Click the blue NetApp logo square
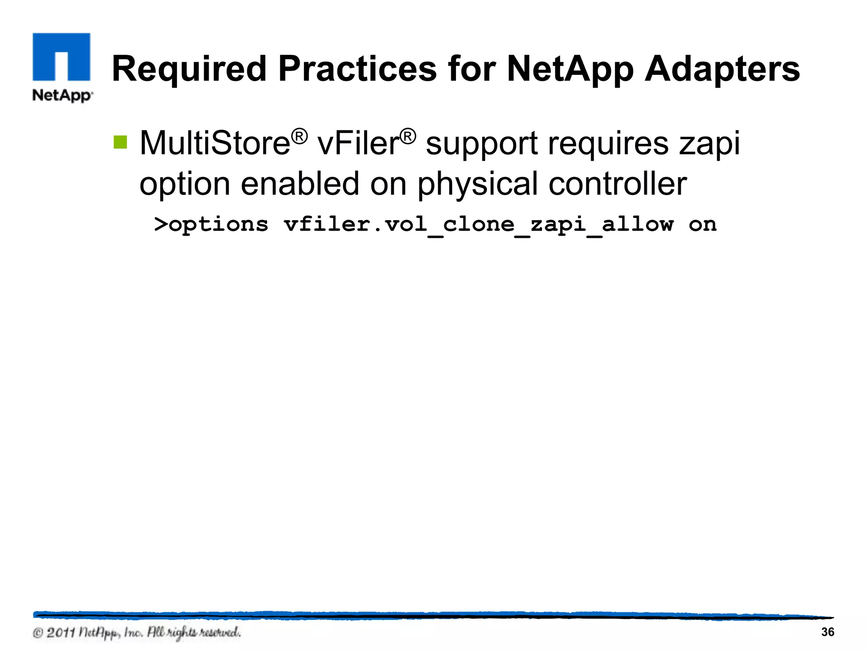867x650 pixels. [x=61, y=57]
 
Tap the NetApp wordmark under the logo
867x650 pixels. [x=63, y=96]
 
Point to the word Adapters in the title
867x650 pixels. [x=722, y=69]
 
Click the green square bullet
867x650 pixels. [x=120, y=142]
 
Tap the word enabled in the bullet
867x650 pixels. [x=300, y=184]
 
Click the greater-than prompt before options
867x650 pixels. [x=161, y=224]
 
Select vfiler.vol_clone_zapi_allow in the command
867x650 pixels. [x=479, y=225]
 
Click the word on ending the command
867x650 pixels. [x=702, y=224]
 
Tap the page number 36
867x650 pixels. [x=827, y=632]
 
